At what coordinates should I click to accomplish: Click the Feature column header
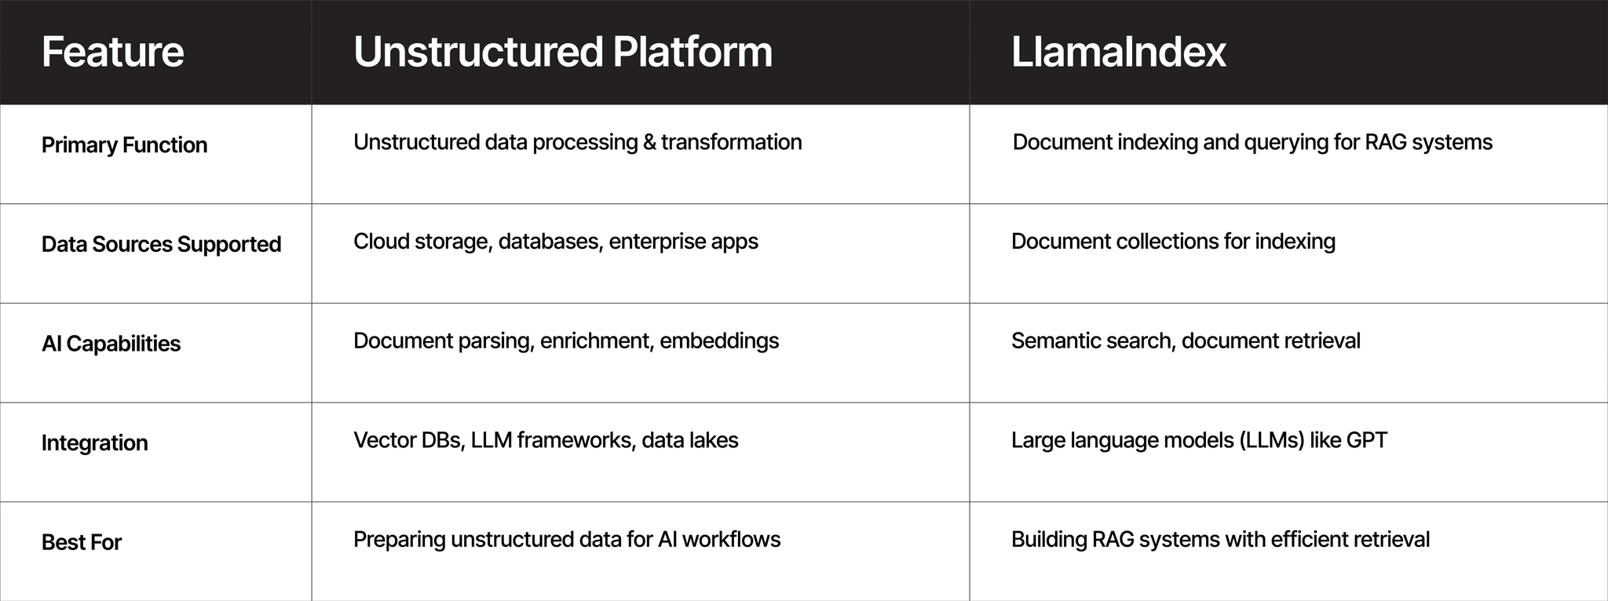pyautogui.click(x=112, y=52)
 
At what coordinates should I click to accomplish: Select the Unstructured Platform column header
pyautogui.click(x=563, y=52)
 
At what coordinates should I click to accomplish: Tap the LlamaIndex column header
pyautogui.click(x=1118, y=52)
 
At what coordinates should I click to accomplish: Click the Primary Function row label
pyautogui.click(x=124, y=145)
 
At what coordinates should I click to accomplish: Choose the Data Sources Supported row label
pyautogui.click(x=161, y=245)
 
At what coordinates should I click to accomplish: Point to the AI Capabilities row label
pyautogui.click(x=111, y=344)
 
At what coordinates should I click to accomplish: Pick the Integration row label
pyautogui.click(x=94, y=443)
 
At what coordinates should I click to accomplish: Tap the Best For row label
pyautogui.click(x=82, y=542)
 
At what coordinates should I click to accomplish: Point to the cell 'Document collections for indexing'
pyautogui.click(x=1173, y=242)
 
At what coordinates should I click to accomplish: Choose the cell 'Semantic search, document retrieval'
pyautogui.click(x=1186, y=341)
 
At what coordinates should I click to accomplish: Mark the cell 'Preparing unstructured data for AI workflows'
pyautogui.click(x=567, y=540)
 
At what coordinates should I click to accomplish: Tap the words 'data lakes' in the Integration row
pyautogui.click(x=689, y=440)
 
